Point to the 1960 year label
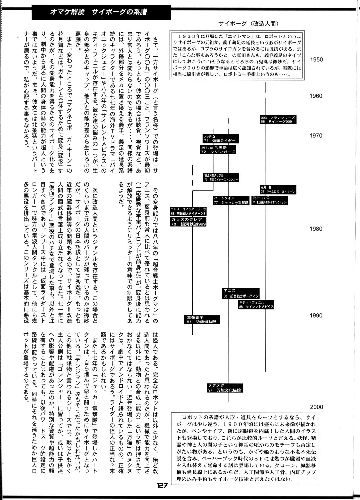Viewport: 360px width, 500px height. [316, 96]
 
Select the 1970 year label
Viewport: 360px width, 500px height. [316, 135]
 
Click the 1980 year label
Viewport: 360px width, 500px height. [316, 229]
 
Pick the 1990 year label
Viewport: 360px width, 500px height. [316, 315]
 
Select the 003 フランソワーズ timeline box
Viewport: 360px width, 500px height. [277, 120]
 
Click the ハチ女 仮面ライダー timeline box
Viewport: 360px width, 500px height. [221, 139]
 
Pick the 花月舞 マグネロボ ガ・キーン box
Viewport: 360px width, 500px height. [277, 189]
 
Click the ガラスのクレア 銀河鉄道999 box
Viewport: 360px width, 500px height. [188, 222]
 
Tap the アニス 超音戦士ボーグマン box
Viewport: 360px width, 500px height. [241, 293]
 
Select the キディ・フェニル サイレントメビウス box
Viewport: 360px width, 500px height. [256, 305]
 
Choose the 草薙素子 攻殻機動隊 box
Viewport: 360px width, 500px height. [202, 319]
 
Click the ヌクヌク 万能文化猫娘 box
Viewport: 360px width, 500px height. [225, 388]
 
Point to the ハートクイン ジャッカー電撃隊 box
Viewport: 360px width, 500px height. [231, 200]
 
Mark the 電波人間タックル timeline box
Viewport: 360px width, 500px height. [221, 177]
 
